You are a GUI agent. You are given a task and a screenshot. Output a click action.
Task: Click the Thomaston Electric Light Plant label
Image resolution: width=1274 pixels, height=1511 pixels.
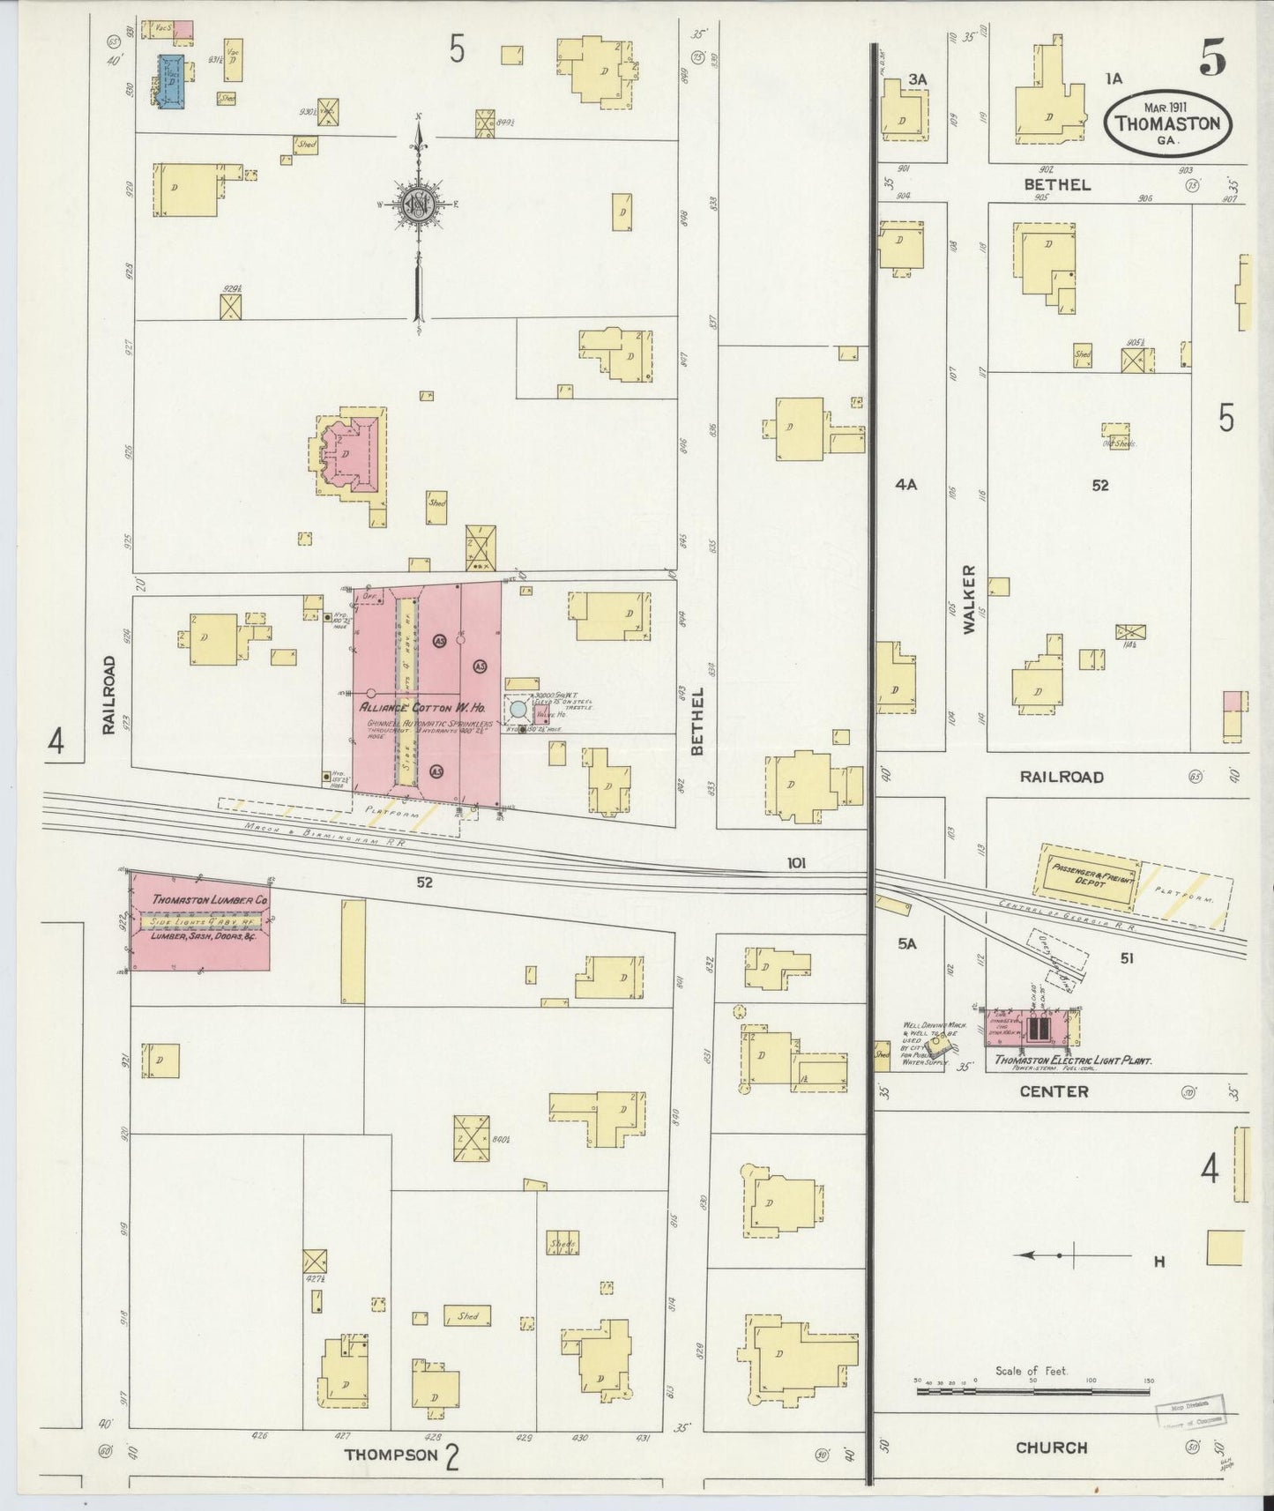click(x=1074, y=1061)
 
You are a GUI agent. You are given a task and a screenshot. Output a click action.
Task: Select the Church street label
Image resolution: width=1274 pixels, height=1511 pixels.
click(x=1051, y=1448)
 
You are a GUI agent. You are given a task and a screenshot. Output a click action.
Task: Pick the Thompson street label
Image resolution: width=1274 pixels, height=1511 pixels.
click(x=391, y=1455)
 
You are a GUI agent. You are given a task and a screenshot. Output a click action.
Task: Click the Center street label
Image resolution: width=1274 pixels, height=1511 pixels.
click(x=1054, y=1091)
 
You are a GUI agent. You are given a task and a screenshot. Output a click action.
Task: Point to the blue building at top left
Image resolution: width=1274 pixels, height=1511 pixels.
click(x=172, y=81)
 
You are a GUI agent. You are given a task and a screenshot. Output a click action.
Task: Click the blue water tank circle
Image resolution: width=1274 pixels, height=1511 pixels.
click(x=518, y=708)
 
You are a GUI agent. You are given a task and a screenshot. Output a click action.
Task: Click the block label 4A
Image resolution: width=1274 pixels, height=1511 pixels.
click(x=905, y=484)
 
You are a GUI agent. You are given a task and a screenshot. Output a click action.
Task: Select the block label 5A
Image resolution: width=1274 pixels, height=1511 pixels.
click(x=907, y=943)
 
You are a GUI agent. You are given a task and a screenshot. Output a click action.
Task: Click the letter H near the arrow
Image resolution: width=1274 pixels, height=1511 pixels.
click(x=1159, y=1262)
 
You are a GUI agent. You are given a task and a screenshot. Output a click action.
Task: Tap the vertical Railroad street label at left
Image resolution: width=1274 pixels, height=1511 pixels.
click(x=108, y=695)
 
